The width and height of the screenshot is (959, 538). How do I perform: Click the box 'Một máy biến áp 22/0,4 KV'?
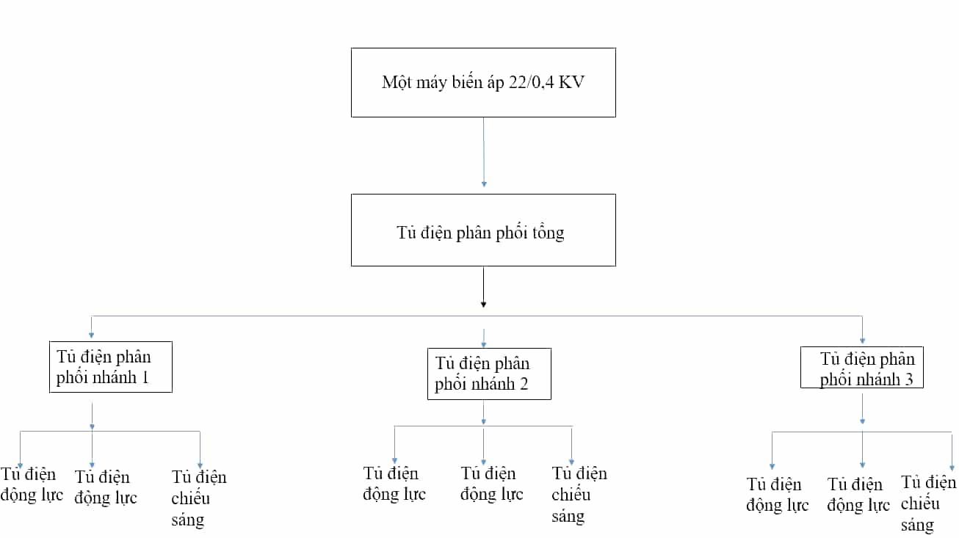pyautogui.click(x=483, y=83)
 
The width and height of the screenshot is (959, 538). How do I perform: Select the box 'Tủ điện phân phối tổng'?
pyautogui.click(x=483, y=230)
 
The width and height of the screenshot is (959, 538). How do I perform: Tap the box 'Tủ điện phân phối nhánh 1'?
pyautogui.click(x=111, y=367)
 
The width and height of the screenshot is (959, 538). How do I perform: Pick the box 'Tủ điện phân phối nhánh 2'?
pyautogui.click(x=489, y=374)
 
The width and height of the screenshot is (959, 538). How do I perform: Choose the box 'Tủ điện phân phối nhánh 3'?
pyautogui.click(x=862, y=368)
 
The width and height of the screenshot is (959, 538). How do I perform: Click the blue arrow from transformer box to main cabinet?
pyautogui.click(x=484, y=153)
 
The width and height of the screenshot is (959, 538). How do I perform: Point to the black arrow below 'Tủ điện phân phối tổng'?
pyautogui.click(x=483, y=287)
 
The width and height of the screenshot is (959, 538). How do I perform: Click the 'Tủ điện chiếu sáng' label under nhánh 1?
pyautogui.click(x=199, y=498)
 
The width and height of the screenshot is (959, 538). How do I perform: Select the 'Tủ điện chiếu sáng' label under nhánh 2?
pyautogui.click(x=579, y=495)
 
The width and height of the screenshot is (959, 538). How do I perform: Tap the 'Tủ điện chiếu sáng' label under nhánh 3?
pyautogui.click(x=928, y=504)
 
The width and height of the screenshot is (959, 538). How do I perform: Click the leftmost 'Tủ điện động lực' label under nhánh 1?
pyautogui.click(x=32, y=484)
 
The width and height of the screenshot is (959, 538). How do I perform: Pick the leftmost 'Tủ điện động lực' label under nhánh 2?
pyautogui.click(x=394, y=484)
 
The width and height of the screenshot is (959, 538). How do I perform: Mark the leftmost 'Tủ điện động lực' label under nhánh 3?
pyautogui.click(x=778, y=495)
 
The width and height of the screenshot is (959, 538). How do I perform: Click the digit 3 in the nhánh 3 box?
pyautogui.click(x=908, y=379)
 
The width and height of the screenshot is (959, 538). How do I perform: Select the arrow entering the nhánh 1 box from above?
pyautogui.click(x=91, y=327)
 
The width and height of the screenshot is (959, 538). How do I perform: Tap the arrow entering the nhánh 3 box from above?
pyautogui.click(x=862, y=330)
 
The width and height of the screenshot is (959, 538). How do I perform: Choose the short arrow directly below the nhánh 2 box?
pyautogui.click(x=483, y=412)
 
